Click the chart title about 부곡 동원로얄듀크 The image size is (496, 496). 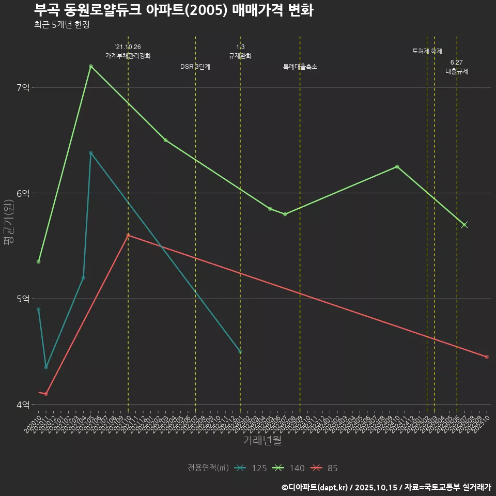coord(174,10)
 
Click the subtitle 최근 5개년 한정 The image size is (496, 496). coord(62,25)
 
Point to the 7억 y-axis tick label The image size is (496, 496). coord(23,88)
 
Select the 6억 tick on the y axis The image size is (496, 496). coord(23,193)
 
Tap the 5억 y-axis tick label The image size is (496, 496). coord(23,299)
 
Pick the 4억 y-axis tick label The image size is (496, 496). coord(23,405)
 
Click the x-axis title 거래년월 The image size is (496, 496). coord(262,441)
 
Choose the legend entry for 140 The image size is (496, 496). coord(289,468)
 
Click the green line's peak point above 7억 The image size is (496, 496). coord(90,66)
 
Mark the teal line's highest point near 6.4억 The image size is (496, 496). coord(90,153)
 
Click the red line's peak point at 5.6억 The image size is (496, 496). coord(128,235)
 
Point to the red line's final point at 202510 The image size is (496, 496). coord(487,357)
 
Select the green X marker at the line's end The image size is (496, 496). coord(464,225)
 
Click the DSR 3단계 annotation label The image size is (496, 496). coord(195,67)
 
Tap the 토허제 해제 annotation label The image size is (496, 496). coord(427,51)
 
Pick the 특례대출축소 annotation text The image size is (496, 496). coord(300,67)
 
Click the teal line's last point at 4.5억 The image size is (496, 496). coord(240,352)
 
